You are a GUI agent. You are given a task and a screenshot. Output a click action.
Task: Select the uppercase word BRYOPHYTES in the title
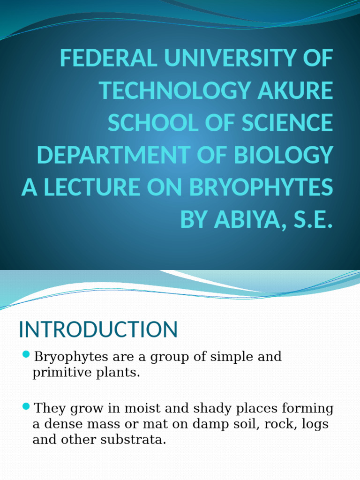click(x=261, y=187)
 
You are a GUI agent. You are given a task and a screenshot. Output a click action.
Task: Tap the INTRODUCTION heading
click(x=98, y=330)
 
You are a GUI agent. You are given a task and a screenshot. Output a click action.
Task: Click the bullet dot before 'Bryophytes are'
click(x=26, y=353)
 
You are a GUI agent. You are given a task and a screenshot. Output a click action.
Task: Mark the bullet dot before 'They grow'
click(x=26, y=405)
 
